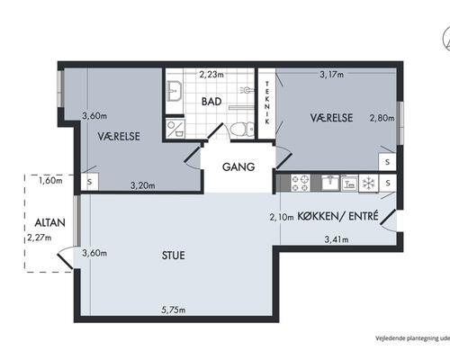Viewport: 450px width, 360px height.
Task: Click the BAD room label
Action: click(211, 102)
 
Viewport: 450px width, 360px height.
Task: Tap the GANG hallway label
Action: click(238, 166)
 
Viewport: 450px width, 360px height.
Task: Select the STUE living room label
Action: click(174, 256)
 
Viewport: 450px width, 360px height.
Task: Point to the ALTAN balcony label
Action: click(49, 222)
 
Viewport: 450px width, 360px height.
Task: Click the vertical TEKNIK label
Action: click(267, 103)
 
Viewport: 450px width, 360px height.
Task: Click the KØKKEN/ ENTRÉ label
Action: click(337, 216)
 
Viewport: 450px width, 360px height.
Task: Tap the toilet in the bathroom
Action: click(242, 130)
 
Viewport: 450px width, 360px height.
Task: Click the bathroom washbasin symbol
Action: click(175, 91)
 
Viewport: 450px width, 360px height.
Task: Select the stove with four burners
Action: click(301, 184)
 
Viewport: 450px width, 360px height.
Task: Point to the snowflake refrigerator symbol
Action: click(368, 183)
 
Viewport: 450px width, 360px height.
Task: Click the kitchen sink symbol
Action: click(330, 183)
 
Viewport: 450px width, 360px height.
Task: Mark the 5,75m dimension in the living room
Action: click(174, 310)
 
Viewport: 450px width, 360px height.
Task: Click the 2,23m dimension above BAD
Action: click(211, 74)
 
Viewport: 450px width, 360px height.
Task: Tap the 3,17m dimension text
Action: click(331, 74)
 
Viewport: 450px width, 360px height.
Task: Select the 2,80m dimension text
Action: click(382, 118)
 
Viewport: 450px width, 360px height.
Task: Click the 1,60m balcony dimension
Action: click(50, 181)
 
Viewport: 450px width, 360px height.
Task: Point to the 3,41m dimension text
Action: click(337, 239)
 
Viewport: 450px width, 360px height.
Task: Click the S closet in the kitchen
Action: click(388, 183)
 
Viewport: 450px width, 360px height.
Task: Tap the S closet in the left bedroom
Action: click(89, 182)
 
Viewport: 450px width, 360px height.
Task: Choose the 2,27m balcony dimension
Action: click(40, 238)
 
